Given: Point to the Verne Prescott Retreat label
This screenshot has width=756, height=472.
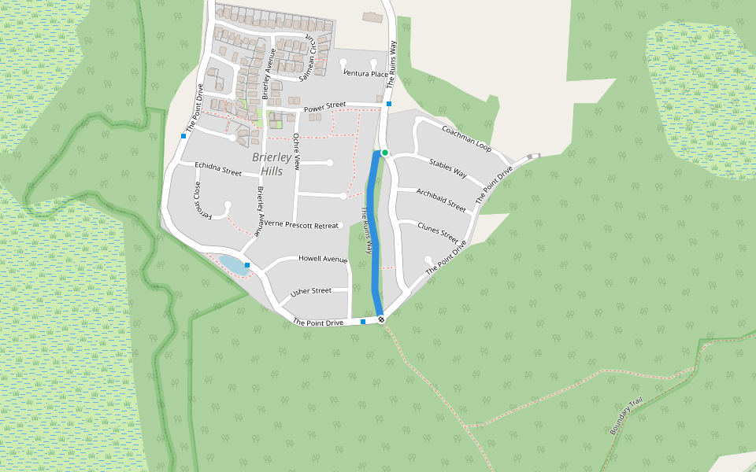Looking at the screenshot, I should coord(301,224).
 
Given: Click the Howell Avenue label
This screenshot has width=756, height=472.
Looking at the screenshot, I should coord(322,259).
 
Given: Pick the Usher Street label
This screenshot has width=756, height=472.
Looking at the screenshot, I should coord(311,291).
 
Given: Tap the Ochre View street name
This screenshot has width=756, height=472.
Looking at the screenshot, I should coord(297,151).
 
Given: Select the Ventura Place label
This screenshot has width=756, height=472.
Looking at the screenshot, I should coord(365,74).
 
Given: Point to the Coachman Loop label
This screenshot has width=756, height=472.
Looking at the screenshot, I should coord(466,138).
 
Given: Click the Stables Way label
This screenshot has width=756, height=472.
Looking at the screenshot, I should coord(447,167).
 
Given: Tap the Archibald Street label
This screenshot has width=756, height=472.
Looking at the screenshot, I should coord(441,200).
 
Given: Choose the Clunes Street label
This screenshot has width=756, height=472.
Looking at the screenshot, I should coord(438,231).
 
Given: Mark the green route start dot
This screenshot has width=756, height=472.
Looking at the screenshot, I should coord(385,153).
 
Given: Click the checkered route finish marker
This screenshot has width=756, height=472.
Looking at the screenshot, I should coord(381,319).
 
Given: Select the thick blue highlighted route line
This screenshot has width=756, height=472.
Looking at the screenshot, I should coord(373,236).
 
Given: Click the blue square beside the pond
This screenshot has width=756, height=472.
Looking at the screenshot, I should coord(247,265).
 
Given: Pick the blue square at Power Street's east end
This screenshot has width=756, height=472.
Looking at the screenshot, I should coord(389,104).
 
